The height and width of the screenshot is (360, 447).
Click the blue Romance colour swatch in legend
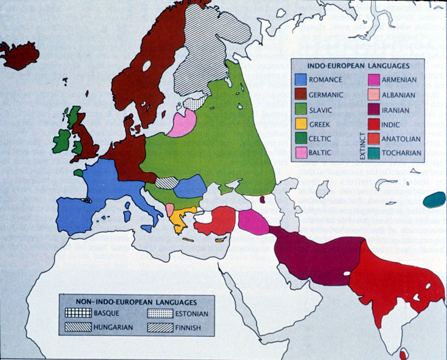(x=301, y=80)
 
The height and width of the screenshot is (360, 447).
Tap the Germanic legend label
(x=326, y=94)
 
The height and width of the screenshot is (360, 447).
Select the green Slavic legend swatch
(x=301, y=109)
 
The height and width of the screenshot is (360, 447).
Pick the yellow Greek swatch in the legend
(x=301, y=123)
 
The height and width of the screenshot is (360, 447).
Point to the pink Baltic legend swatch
(x=301, y=152)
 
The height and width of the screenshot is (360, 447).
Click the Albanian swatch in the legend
(x=374, y=94)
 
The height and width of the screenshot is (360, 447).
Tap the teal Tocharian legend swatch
(x=374, y=152)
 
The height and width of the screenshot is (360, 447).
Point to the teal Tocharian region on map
(x=434, y=199)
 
